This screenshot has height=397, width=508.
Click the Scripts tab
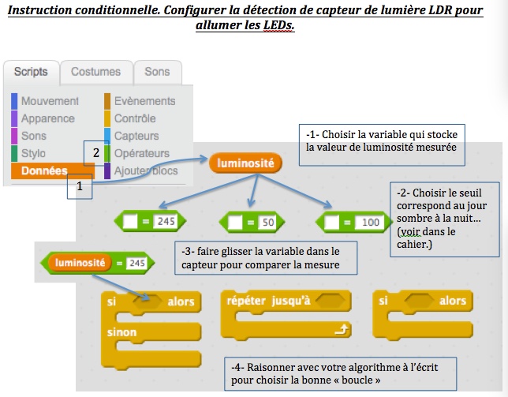32,72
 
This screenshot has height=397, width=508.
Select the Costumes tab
95,72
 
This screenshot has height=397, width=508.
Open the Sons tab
157,72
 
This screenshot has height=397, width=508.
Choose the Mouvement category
50,101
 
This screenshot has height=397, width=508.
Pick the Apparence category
48,118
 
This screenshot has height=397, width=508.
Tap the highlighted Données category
44,170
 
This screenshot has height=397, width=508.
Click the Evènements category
144,101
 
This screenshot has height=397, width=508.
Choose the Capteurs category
136,136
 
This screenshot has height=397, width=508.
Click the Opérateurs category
141,153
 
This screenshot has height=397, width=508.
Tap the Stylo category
34,153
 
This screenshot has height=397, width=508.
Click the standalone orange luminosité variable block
245,163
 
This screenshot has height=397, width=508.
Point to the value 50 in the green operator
267,223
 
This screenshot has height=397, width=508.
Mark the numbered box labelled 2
96,153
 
